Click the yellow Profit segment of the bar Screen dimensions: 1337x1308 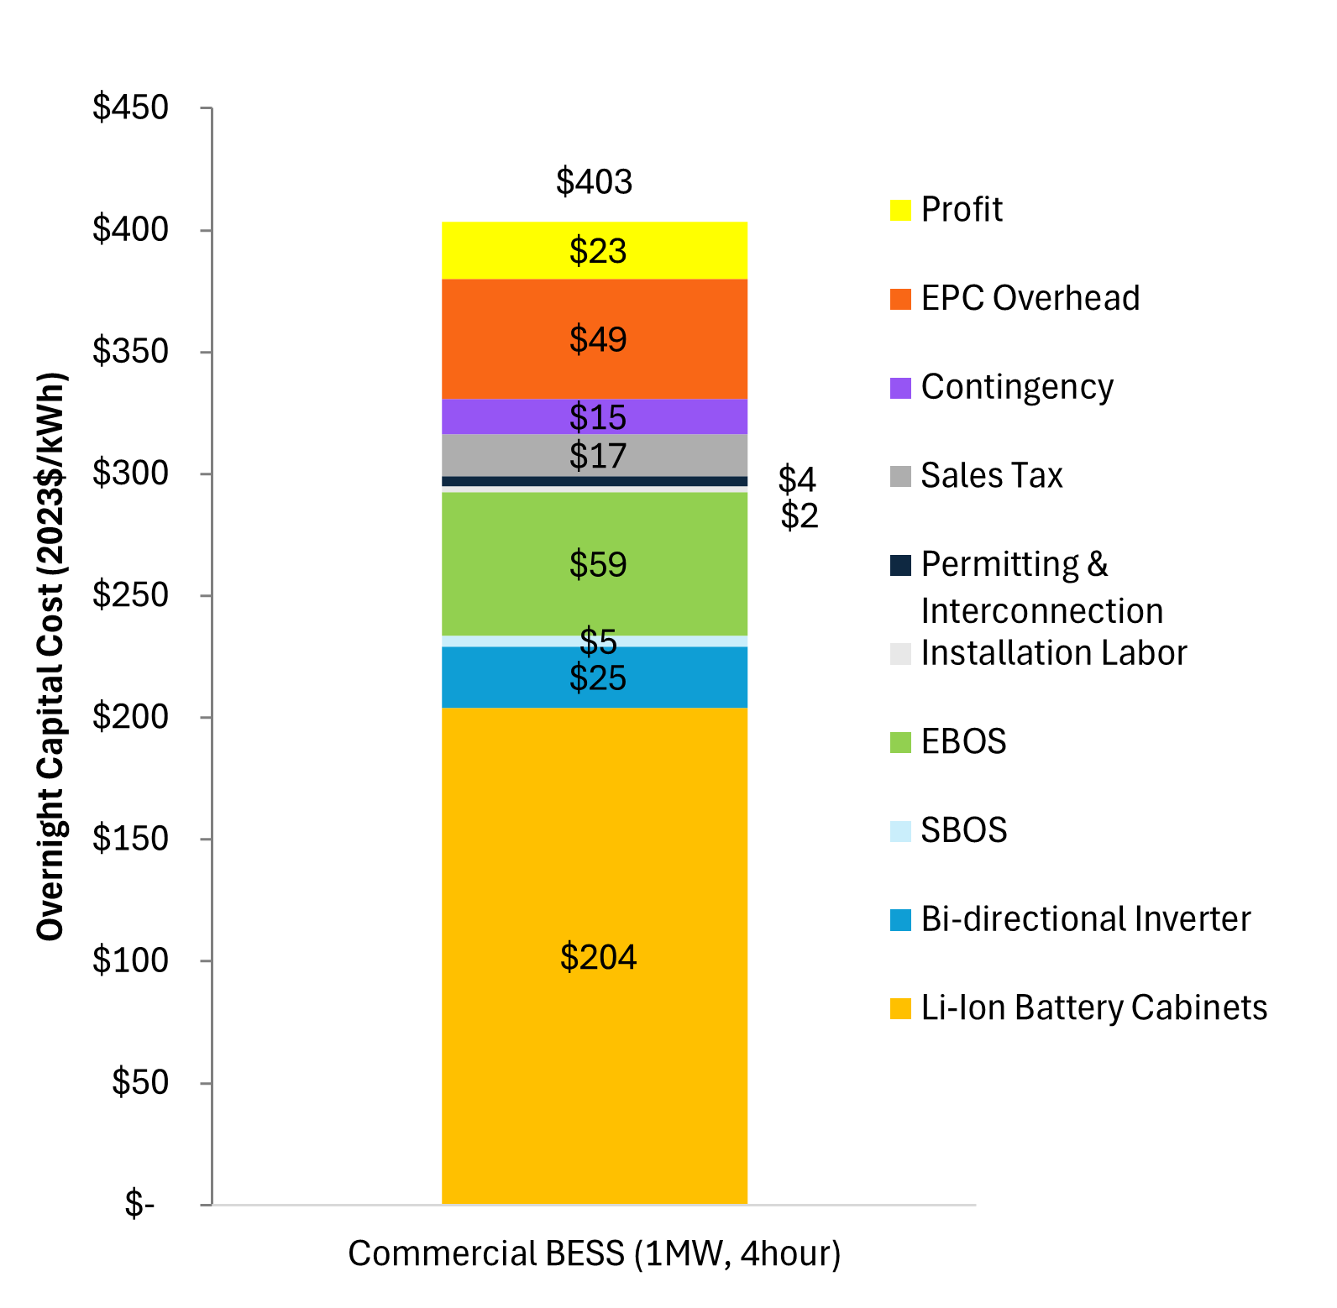pyautogui.click(x=595, y=250)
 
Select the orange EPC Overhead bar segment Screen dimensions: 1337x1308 pyautogui.click(x=595, y=339)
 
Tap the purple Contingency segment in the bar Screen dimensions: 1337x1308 pyautogui.click(x=595, y=416)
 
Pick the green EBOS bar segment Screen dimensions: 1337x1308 pyautogui.click(x=595, y=564)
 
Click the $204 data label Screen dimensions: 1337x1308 pyautogui.click(x=598, y=957)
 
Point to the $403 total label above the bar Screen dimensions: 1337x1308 pyautogui.click(x=594, y=181)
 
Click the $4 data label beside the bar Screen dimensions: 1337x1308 pyautogui.click(x=797, y=479)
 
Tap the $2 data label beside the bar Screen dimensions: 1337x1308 pyautogui.click(x=799, y=515)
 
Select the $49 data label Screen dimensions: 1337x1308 pyautogui.click(x=598, y=339)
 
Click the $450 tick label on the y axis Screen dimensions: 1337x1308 pyautogui.click(x=131, y=107)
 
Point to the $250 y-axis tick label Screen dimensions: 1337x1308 pyautogui.click(x=131, y=594)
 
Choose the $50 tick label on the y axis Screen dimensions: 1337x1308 pyautogui.click(x=140, y=1082)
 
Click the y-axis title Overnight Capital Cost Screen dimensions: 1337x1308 pyautogui.click(x=50, y=656)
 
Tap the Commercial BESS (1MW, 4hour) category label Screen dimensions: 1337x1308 pyautogui.click(x=595, y=1253)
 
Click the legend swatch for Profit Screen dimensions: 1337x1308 pyautogui.click(x=900, y=210)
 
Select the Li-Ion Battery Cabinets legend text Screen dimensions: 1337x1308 pyautogui.click(x=1094, y=1007)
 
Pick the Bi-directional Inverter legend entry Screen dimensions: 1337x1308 pyautogui.click(x=1071, y=919)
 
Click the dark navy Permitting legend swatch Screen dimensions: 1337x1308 pyautogui.click(x=900, y=565)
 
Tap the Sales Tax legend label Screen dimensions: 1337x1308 pyautogui.click(x=992, y=475)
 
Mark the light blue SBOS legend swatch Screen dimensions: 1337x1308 pyautogui.click(x=900, y=831)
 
